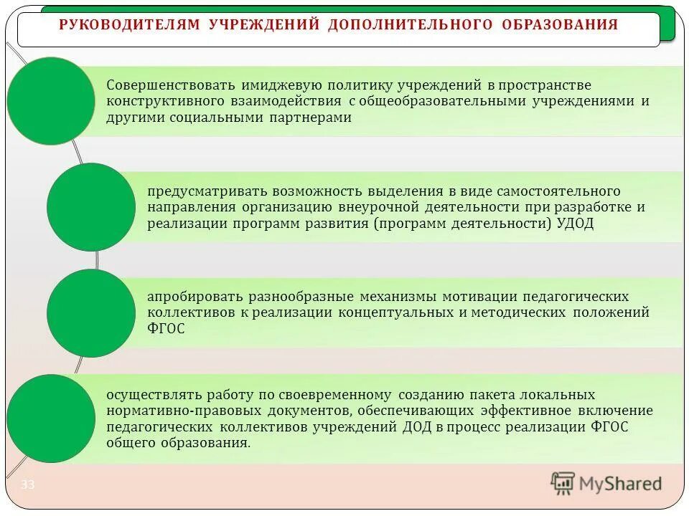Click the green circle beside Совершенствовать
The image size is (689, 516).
50,101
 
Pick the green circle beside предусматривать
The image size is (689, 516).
91,207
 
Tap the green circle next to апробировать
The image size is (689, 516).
91,313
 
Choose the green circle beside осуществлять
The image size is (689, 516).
50,419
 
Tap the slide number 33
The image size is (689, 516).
27,485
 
